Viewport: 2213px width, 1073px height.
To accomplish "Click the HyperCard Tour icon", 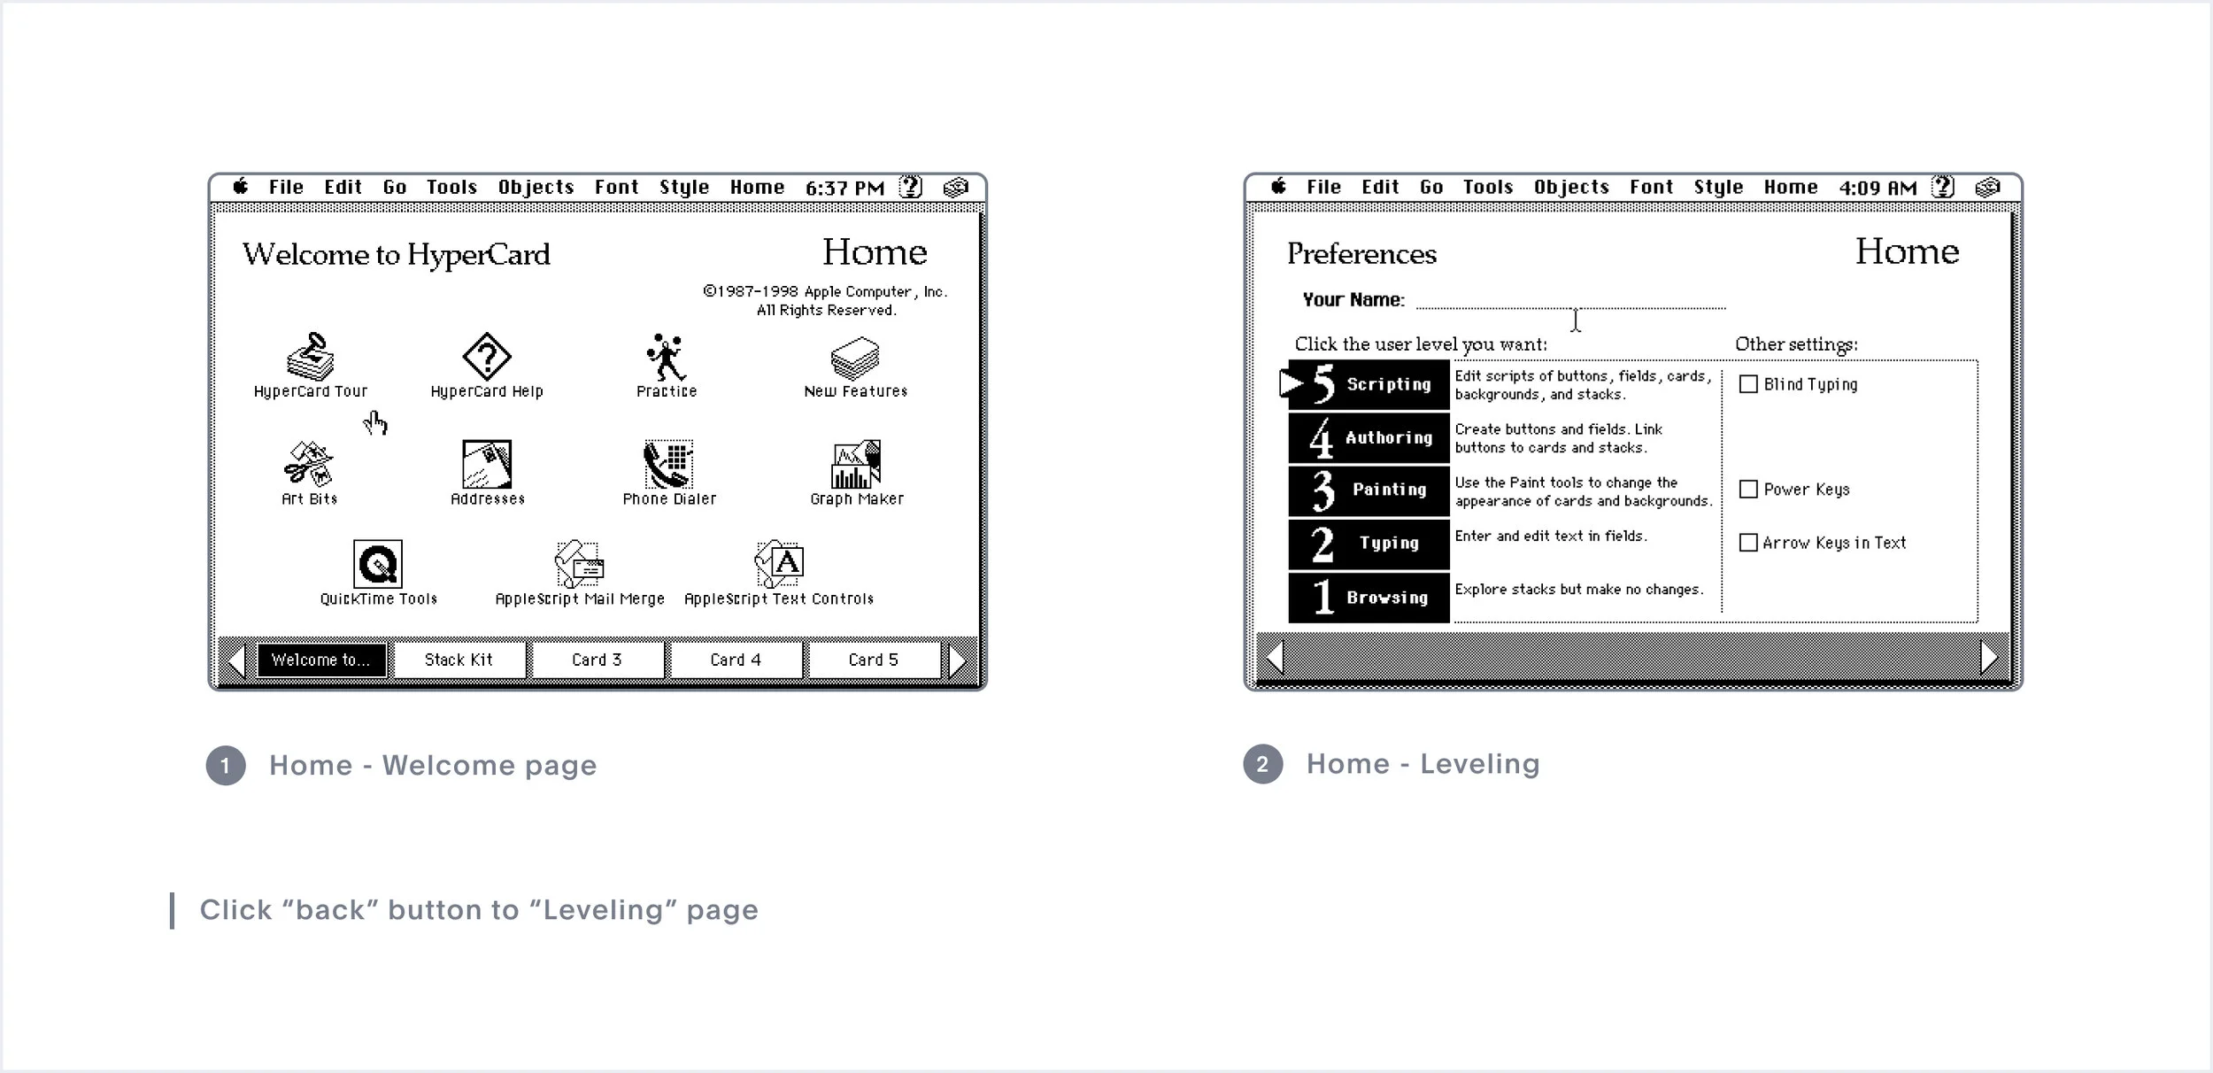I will click(310, 357).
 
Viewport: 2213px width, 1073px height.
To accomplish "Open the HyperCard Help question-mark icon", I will click(487, 357).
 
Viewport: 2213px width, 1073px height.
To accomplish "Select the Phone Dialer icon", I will click(668, 465).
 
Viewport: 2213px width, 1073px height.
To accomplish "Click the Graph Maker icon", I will click(855, 465).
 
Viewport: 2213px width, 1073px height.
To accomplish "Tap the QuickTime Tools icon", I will click(378, 564).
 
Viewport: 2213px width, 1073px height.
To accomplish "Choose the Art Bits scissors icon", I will click(308, 465).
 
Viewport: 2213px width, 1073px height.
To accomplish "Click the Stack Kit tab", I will click(459, 660).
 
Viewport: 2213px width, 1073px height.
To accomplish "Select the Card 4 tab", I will click(735, 660).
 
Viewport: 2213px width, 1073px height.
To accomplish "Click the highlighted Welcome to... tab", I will click(321, 660).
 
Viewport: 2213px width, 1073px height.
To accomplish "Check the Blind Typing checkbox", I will click(1748, 384).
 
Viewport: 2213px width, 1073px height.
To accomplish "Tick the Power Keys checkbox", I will click(1748, 490).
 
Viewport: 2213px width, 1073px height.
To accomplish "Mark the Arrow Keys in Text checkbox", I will click(1748, 543).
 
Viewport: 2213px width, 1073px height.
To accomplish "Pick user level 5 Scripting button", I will click(1369, 384).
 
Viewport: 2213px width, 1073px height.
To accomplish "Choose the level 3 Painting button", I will click(1369, 490).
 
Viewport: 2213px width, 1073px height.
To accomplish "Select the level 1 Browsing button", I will click(1369, 598).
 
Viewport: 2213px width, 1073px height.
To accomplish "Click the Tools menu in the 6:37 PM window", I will click(451, 188).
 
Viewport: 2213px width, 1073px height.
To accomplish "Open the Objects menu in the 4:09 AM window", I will click(1571, 188).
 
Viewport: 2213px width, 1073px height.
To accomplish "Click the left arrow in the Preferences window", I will click(1276, 657).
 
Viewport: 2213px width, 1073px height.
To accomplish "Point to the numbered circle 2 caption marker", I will click(1262, 765).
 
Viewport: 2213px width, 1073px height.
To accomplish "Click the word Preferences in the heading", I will click(1361, 254).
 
